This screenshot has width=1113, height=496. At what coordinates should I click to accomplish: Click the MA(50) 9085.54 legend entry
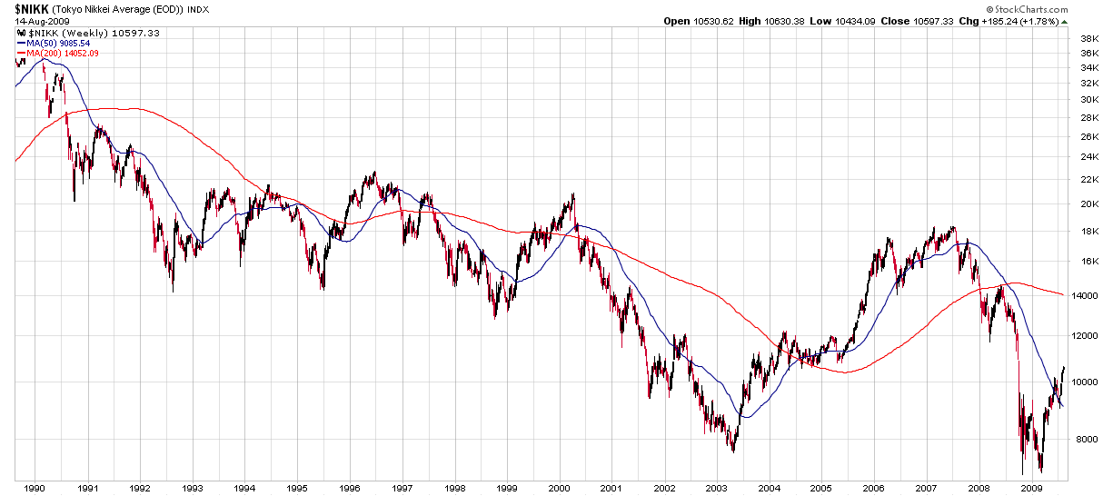pyautogui.click(x=58, y=43)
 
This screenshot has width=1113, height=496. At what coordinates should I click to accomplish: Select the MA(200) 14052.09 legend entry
pyautogui.click(x=62, y=53)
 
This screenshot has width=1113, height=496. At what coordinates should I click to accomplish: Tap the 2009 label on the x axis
pyautogui.click(x=1030, y=488)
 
